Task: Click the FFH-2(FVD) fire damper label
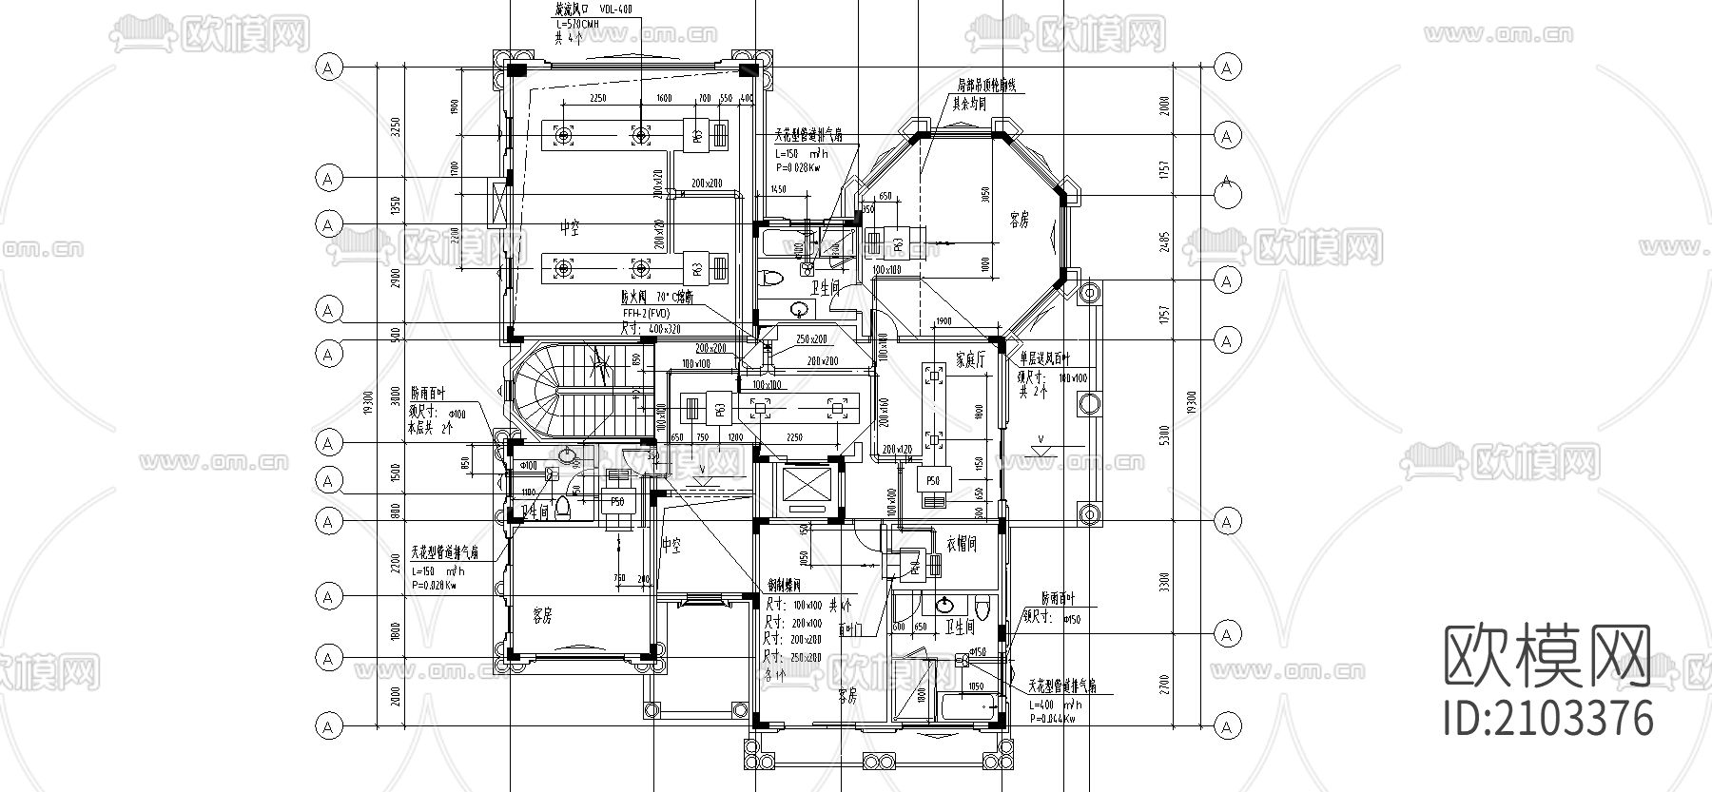(x=647, y=312)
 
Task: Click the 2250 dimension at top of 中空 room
(x=598, y=99)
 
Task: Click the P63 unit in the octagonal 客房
(x=897, y=242)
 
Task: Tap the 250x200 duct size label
(x=811, y=339)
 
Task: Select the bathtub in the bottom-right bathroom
(x=967, y=707)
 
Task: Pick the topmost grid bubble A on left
(x=328, y=68)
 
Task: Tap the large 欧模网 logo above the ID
(x=1548, y=656)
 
